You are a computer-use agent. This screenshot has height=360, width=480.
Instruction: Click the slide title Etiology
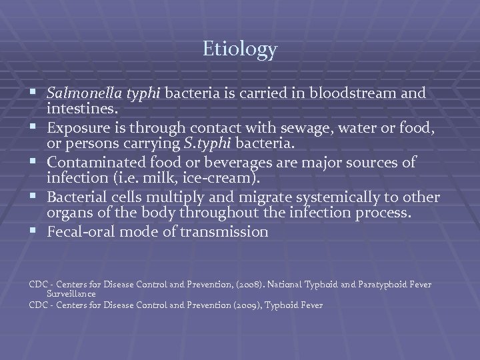pyautogui.click(x=240, y=49)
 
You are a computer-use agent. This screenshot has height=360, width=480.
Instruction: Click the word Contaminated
pyautogui.click(x=92, y=162)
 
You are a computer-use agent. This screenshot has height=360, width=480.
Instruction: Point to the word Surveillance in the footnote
pyautogui.click(x=71, y=294)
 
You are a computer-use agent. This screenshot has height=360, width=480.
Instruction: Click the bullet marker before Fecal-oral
pyautogui.click(x=33, y=231)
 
